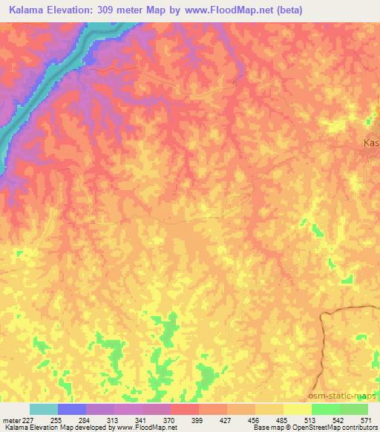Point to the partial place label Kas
click(371, 143)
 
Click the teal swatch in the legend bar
click(44, 409)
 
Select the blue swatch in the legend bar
click(72, 409)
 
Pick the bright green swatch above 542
click(326, 409)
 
